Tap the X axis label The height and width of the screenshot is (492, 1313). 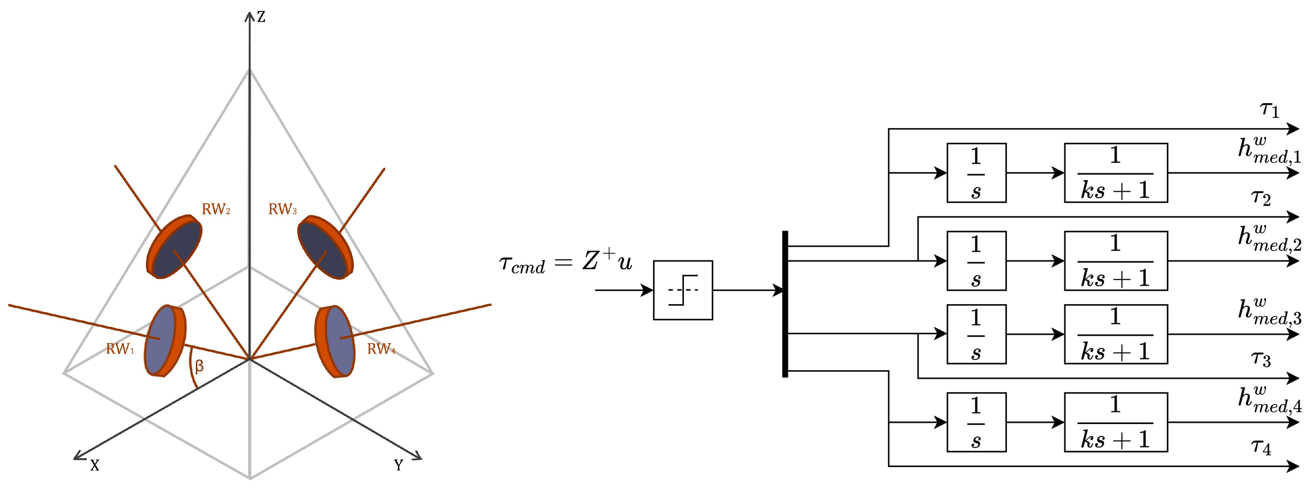[95, 465]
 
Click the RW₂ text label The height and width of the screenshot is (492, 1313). [216, 209]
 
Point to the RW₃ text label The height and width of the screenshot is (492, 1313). [282, 209]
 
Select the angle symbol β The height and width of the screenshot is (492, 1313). [199, 366]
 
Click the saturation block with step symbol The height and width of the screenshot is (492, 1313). [683, 290]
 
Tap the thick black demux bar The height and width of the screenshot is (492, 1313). [785, 304]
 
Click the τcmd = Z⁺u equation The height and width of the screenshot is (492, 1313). [566, 262]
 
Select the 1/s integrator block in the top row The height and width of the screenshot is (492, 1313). [976, 173]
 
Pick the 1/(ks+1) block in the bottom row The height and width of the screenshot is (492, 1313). [1115, 422]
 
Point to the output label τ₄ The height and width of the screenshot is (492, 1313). [1260, 447]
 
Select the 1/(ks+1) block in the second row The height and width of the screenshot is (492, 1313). [1115, 261]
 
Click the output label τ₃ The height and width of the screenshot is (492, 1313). [1260, 359]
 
